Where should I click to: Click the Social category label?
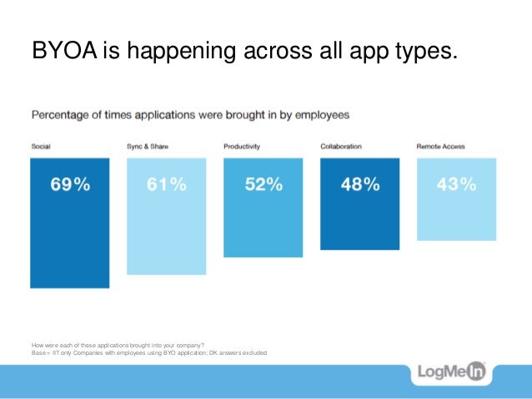point(41,147)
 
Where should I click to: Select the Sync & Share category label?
point(148,147)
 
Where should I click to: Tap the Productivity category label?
point(242,147)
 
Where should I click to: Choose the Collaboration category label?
point(341,147)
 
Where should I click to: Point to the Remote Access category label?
point(440,147)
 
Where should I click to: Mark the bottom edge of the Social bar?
point(70,287)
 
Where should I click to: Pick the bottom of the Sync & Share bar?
point(166,273)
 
